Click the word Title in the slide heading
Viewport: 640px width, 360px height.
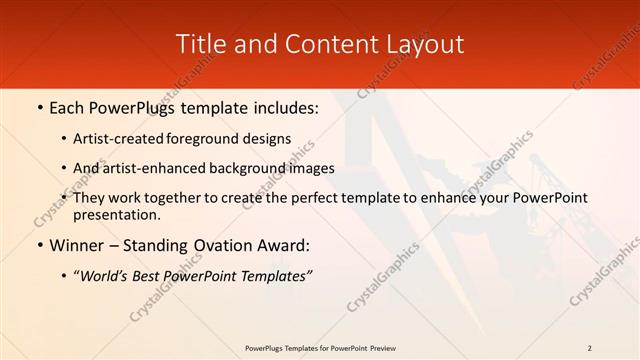pyautogui.click(x=199, y=44)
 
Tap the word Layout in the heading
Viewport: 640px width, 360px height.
pyautogui.click(x=424, y=44)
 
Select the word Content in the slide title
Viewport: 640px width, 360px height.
pyautogui.click(x=322, y=44)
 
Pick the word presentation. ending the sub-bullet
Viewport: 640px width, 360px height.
pyautogui.click(x=116, y=214)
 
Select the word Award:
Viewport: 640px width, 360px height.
pyautogui.click(x=282, y=245)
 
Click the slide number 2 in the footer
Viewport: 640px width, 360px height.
pyautogui.click(x=590, y=348)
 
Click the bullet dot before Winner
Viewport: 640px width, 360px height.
pyautogui.click(x=39, y=246)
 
